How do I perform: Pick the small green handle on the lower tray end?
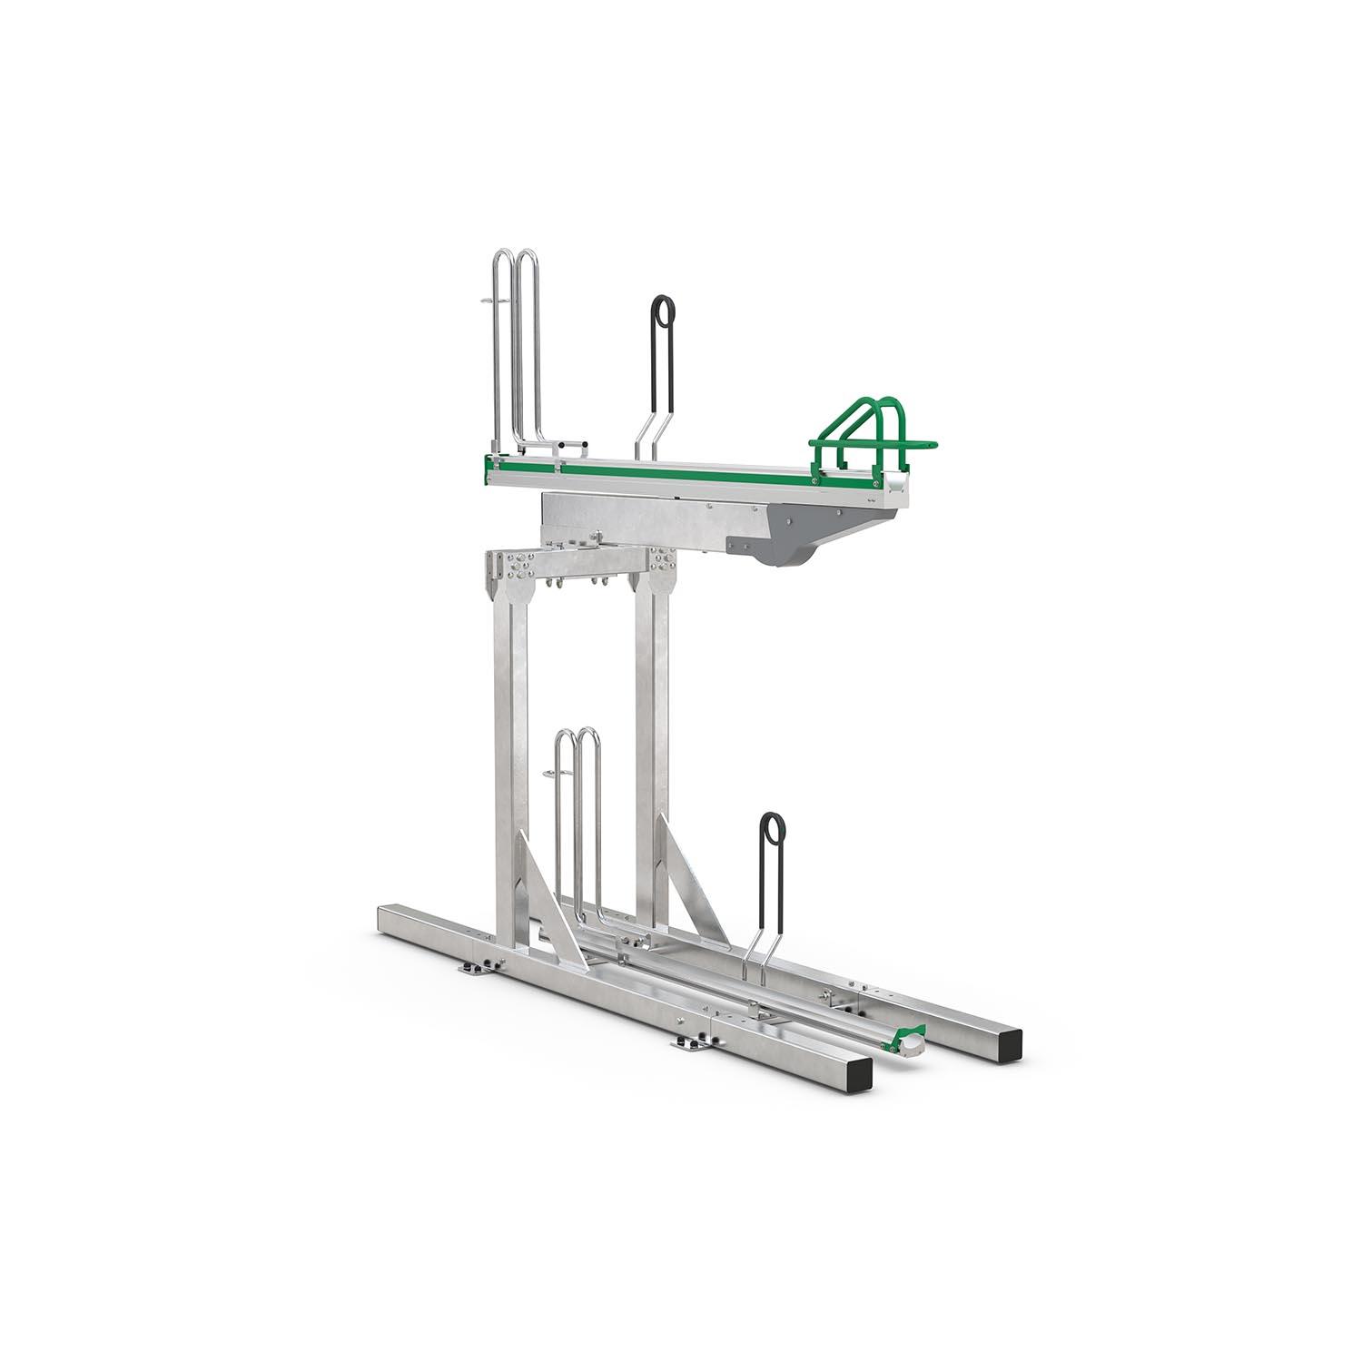(x=908, y=1034)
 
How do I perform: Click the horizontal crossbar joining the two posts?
(x=581, y=567)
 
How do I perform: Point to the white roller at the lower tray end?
(x=911, y=1046)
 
